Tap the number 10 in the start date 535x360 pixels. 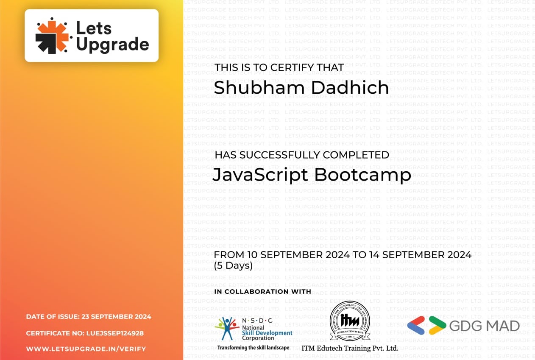coord(253,255)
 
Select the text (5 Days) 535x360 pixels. coord(233,266)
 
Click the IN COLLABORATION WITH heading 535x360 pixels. coord(263,292)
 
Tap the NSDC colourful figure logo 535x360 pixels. coord(227,329)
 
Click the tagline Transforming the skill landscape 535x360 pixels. coord(253,348)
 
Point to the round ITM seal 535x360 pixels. coord(350,321)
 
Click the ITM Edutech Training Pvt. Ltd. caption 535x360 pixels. coord(350,348)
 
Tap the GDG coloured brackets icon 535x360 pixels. coord(426,326)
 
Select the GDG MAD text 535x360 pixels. coord(484,326)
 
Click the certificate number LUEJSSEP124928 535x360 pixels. coord(115,333)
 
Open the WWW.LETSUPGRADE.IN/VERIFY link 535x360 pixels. coord(86,349)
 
